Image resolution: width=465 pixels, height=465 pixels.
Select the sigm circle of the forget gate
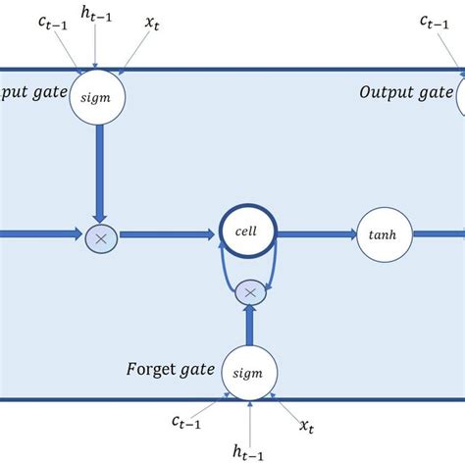[x=250, y=372]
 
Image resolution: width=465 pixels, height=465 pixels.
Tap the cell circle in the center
[x=250, y=233]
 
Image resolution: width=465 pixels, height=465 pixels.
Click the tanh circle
[x=384, y=234]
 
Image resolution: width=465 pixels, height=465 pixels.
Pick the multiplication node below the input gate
[x=98, y=235]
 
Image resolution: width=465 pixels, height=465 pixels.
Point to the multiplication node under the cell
[x=250, y=291]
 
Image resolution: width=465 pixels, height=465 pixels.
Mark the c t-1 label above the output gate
[x=437, y=21]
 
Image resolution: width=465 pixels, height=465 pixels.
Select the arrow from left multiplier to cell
[x=166, y=234]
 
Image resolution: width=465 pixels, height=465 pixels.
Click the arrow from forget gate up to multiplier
[x=250, y=325]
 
